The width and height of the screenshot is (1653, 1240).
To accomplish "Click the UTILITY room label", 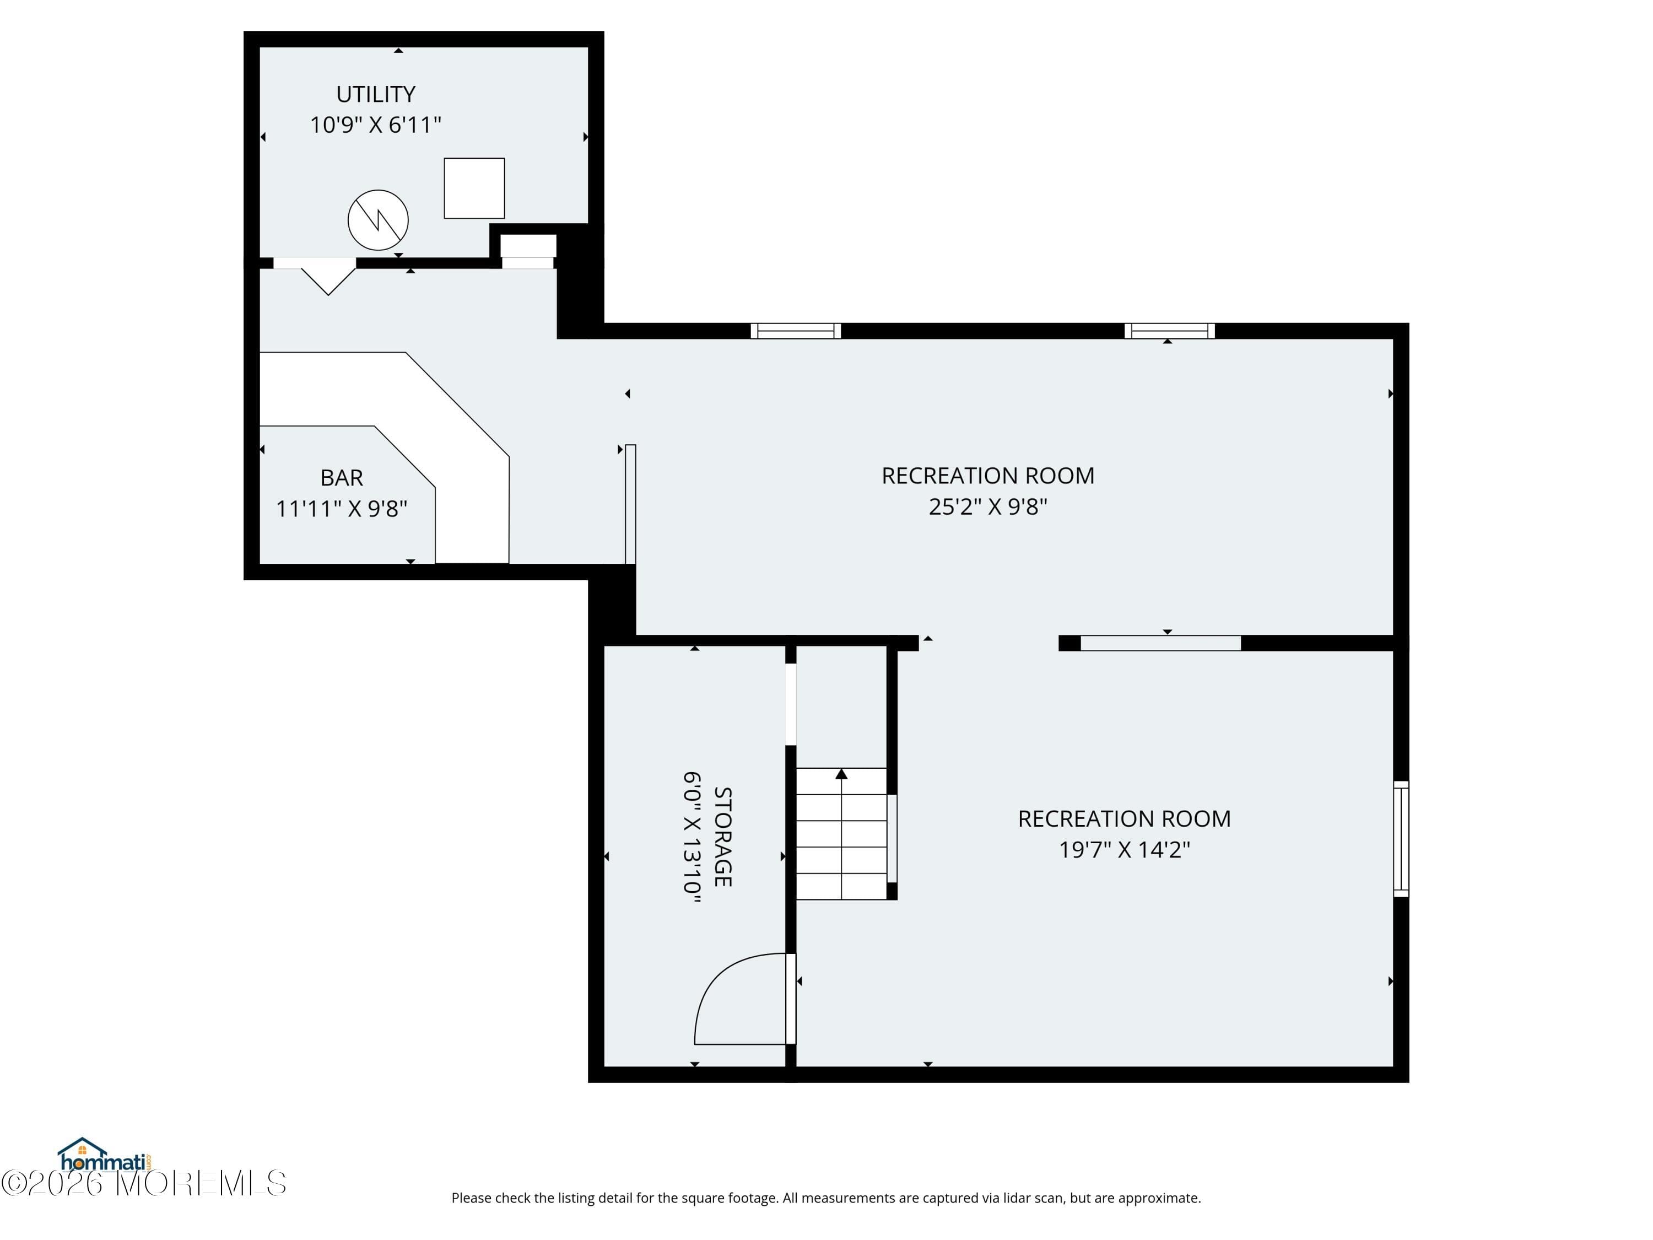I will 375,94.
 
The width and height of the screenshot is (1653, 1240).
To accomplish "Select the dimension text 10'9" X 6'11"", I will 375,125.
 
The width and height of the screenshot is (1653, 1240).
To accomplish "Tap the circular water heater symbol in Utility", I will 378,220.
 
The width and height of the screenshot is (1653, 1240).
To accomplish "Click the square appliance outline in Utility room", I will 474,188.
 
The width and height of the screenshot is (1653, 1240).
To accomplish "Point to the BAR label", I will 342,478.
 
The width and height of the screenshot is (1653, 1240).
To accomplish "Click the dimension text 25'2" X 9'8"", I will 987,507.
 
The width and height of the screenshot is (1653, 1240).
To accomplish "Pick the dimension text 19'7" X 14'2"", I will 1124,850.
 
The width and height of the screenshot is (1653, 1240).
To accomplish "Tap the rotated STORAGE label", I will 722,837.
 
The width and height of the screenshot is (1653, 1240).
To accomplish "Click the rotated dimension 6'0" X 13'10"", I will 692,837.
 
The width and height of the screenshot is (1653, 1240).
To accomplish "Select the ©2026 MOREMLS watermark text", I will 143,1183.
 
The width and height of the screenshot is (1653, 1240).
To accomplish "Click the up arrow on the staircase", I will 841,774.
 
